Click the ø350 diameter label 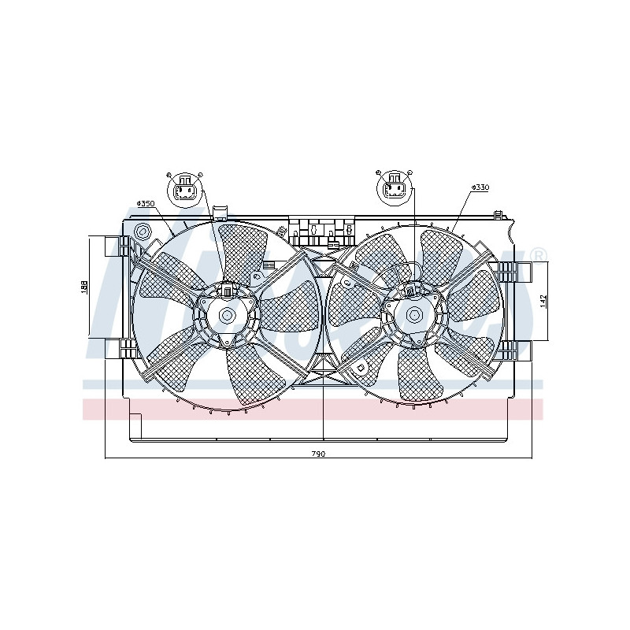point(146,204)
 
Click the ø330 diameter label point(480,187)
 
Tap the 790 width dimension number point(318,454)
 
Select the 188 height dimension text point(84,287)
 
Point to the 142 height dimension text point(543,301)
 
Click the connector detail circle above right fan point(394,189)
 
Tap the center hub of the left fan point(227,316)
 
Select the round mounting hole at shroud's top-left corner point(143,232)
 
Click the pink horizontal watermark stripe point(315,409)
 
